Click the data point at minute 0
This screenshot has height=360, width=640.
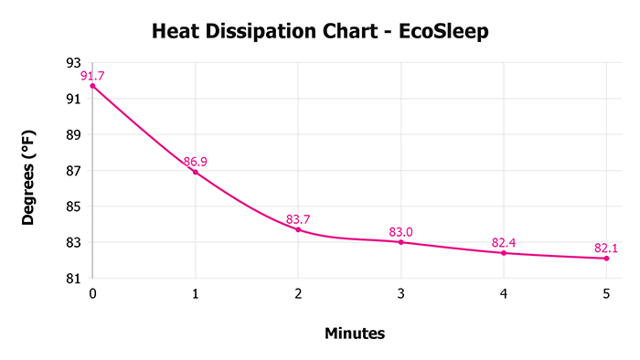pos(92,86)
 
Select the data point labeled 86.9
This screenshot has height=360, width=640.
pos(195,172)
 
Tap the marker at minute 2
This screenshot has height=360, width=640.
pos(298,229)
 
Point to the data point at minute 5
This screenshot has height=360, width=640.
pos(606,258)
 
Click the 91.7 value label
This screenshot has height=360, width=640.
pos(92,75)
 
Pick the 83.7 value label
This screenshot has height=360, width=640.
pos(299,219)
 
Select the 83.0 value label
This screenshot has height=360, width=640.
pos(400,232)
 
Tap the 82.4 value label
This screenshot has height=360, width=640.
pos(504,242)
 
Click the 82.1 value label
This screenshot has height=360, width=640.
pos(606,248)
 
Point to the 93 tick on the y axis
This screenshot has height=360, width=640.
pos(74,63)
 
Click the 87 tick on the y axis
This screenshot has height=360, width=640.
pos(74,171)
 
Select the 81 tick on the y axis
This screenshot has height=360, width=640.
pos(74,279)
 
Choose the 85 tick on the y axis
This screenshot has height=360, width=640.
pos(74,206)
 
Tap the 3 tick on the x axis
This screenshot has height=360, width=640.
pos(400,294)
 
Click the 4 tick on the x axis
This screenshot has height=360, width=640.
pos(504,294)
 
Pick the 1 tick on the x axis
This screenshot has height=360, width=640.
pos(195,294)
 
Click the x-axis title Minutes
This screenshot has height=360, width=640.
pos(355,334)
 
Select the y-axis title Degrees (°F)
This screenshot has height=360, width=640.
pos(29,172)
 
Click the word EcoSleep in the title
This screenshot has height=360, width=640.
pos(444,33)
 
